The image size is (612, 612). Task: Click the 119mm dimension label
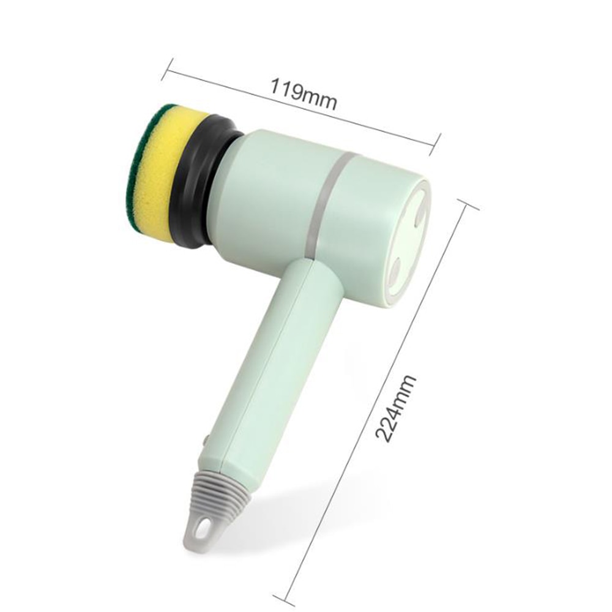click(x=304, y=94)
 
